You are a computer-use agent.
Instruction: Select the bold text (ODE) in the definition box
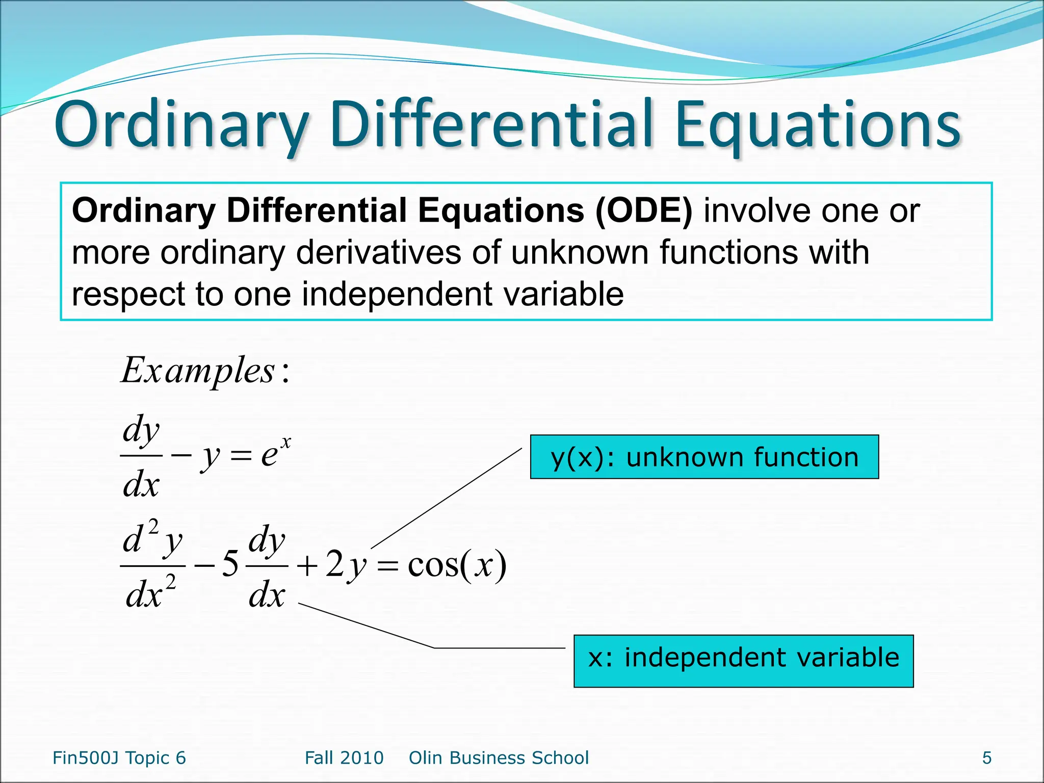(x=644, y=211)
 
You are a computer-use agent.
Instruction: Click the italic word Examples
(x=199, y=371)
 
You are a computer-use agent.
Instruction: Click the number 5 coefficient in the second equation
(x=230, y=565)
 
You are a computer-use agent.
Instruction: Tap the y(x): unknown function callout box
(x=704, y=457)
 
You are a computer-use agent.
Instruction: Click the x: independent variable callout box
(x=743, y=661)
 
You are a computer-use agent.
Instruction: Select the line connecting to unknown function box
(x=447, y=498)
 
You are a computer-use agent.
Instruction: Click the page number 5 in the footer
(x=986, y=758)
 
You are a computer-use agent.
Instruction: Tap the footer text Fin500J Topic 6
(x=119, y=758)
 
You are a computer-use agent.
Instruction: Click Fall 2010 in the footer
(x=344, y=758)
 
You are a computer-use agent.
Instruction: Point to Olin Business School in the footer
(x=499, y=758)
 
